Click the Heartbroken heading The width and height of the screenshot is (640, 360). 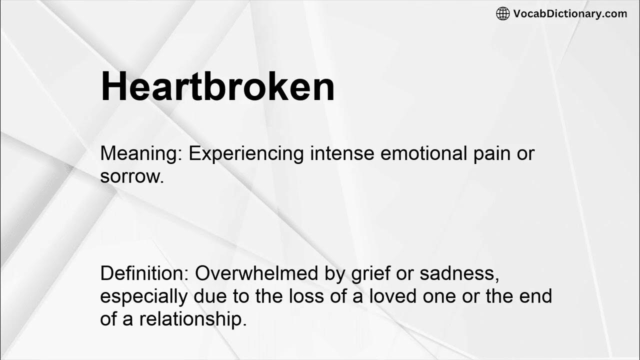(217, 86)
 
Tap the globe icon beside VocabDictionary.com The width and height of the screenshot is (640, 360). (502, 13)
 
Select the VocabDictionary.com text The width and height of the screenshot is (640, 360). (570, 13)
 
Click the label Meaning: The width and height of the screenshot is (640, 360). (141, 153)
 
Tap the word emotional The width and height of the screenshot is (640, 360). (423, 153)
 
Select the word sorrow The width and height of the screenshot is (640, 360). (132, 176)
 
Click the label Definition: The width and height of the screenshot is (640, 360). (144, 273)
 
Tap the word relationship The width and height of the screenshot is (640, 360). (193, 319)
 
